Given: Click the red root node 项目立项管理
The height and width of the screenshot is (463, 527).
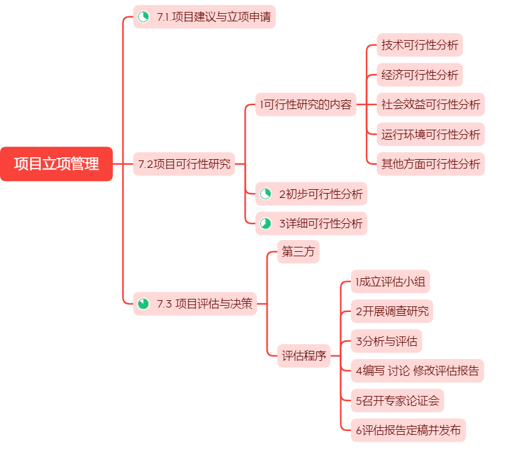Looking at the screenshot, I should (56, 164).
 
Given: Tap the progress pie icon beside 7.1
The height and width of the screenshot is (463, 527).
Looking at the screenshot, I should (143, 17).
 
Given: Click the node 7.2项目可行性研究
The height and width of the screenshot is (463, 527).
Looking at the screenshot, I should (184, 164).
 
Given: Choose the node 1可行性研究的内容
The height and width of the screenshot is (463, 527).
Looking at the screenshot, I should (306, 105).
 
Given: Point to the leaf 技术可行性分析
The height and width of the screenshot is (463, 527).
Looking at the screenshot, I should (420, 45).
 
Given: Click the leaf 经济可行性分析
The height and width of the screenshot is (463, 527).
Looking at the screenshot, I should (420, 75).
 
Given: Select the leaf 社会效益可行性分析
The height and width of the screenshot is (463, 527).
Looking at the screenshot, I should (431, 105).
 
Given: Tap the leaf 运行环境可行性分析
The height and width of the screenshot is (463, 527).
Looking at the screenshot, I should (431, 134).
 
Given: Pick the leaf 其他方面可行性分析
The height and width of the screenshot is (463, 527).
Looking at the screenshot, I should (431, 164).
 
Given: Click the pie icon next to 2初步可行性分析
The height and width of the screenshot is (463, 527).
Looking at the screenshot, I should (266, 194).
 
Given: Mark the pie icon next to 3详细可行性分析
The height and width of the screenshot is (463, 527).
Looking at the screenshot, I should (266, 224).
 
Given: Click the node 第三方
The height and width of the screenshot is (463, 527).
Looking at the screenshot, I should (298, 252).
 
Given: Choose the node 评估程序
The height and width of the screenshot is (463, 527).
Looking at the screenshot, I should (304, 356).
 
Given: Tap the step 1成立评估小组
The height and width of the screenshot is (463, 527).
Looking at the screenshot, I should (390, 282).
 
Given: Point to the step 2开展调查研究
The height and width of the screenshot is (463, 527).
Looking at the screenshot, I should (392, 311).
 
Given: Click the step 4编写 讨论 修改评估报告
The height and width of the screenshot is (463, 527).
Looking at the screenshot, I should (417, 371).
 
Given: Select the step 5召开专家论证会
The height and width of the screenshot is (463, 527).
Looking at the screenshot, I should (398, 400).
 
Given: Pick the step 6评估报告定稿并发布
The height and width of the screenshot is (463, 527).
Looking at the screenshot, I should (409, 430).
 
